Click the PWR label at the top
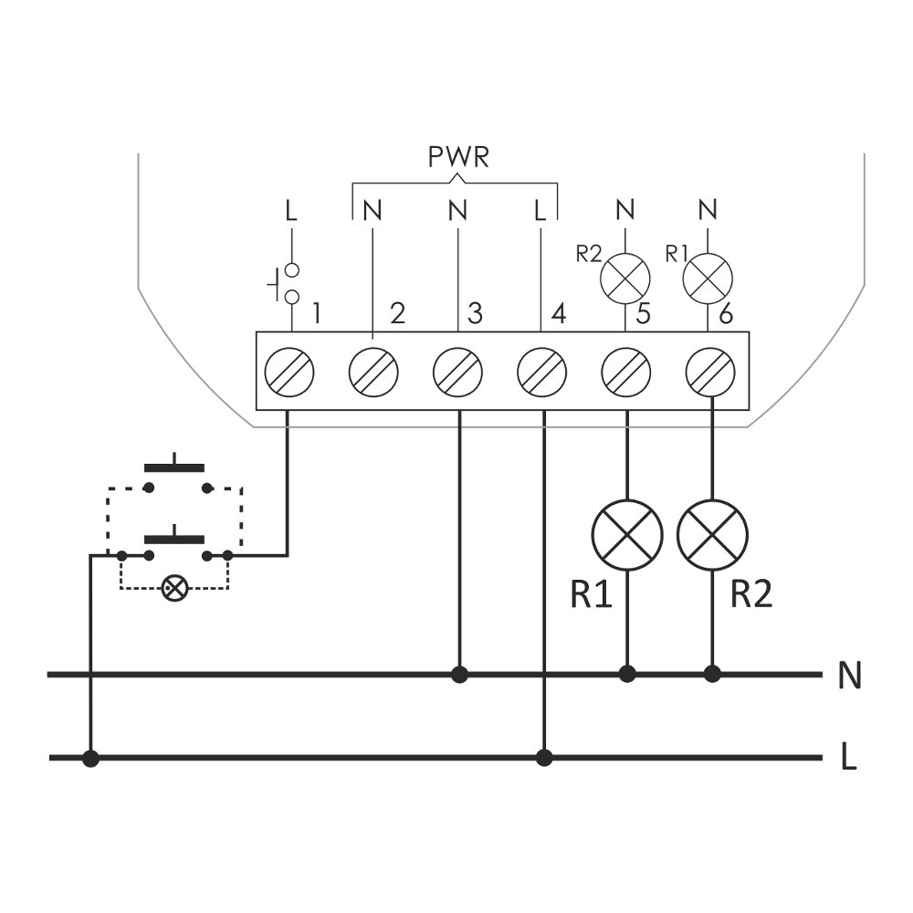click(x=459, y=157)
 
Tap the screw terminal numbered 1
click(x=289, y=372)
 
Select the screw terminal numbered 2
click(x=374, y=372)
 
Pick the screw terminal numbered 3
click(x=458, y=372)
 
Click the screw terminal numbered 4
click(x=542, y=372)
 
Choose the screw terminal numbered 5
click(x=626, y=372)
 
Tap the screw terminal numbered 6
click(x=710, y=372)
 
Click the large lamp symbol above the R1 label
click(x=627, y=535)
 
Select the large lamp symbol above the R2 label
click(x=712, y=535)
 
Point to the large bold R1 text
click(x=592, y=594)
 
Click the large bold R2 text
click(x=751, y=594)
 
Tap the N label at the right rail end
click(x=849, y=677)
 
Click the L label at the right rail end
click(x=849, y=758)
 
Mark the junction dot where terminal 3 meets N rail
click(x=459, y=675)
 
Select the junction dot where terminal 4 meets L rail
click(x=544, y=757)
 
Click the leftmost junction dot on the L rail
click(x=90, y=758)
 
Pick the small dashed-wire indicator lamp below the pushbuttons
click(x=173, y=588)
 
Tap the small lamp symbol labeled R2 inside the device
click(x=625, y=278)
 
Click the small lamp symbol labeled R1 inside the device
click(x=708, y=278)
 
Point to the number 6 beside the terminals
click(x=726, y=315)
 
